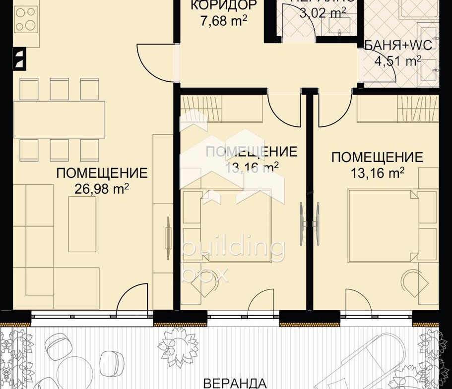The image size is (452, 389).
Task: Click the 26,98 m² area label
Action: coord(102,188)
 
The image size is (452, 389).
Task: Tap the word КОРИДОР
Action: coord(217,5)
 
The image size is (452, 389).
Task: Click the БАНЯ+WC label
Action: coord(398,46)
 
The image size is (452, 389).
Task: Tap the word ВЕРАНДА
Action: coord(235,383)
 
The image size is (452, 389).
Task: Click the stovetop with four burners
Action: coord(27,19)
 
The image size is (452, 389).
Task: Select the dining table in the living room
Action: coord(59,119)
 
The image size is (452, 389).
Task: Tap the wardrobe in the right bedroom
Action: coord(397,109)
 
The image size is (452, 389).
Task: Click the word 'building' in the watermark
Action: coord(233,250)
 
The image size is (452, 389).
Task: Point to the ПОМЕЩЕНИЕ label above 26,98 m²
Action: coord(102,173)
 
